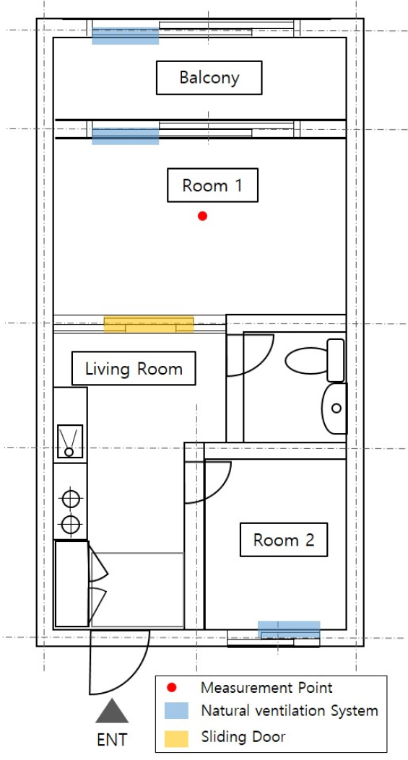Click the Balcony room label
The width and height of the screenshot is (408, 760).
click(209, 77)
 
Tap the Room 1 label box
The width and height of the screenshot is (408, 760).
click(212, 185)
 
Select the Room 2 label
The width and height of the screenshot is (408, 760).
click(284, 539)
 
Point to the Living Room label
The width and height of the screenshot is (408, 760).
click(134, 368)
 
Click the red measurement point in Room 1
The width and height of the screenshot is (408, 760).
click(203, 217)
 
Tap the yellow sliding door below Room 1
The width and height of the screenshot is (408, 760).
click(149, 324)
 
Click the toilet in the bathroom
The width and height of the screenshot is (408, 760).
click(315, 360)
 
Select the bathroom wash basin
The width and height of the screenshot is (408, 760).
click(335, 408)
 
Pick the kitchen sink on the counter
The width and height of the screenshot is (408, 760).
click(70, 441)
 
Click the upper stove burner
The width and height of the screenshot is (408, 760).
click(71, 498)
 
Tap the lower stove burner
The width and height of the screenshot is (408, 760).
click(71, 523)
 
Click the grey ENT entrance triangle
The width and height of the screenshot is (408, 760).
click(112, 711)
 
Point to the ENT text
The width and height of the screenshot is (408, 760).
click(112, 740)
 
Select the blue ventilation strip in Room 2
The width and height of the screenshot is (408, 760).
click(289, 629)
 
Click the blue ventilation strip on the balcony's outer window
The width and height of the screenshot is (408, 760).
click(126, 36)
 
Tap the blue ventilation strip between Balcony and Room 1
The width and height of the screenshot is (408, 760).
click(126, 136)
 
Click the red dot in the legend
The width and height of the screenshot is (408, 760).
click(171, 688)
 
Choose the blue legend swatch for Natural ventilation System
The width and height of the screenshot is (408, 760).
click(176, 711)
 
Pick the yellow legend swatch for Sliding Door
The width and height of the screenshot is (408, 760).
click(176, 738)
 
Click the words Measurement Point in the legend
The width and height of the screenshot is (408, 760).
click(267, 687)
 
